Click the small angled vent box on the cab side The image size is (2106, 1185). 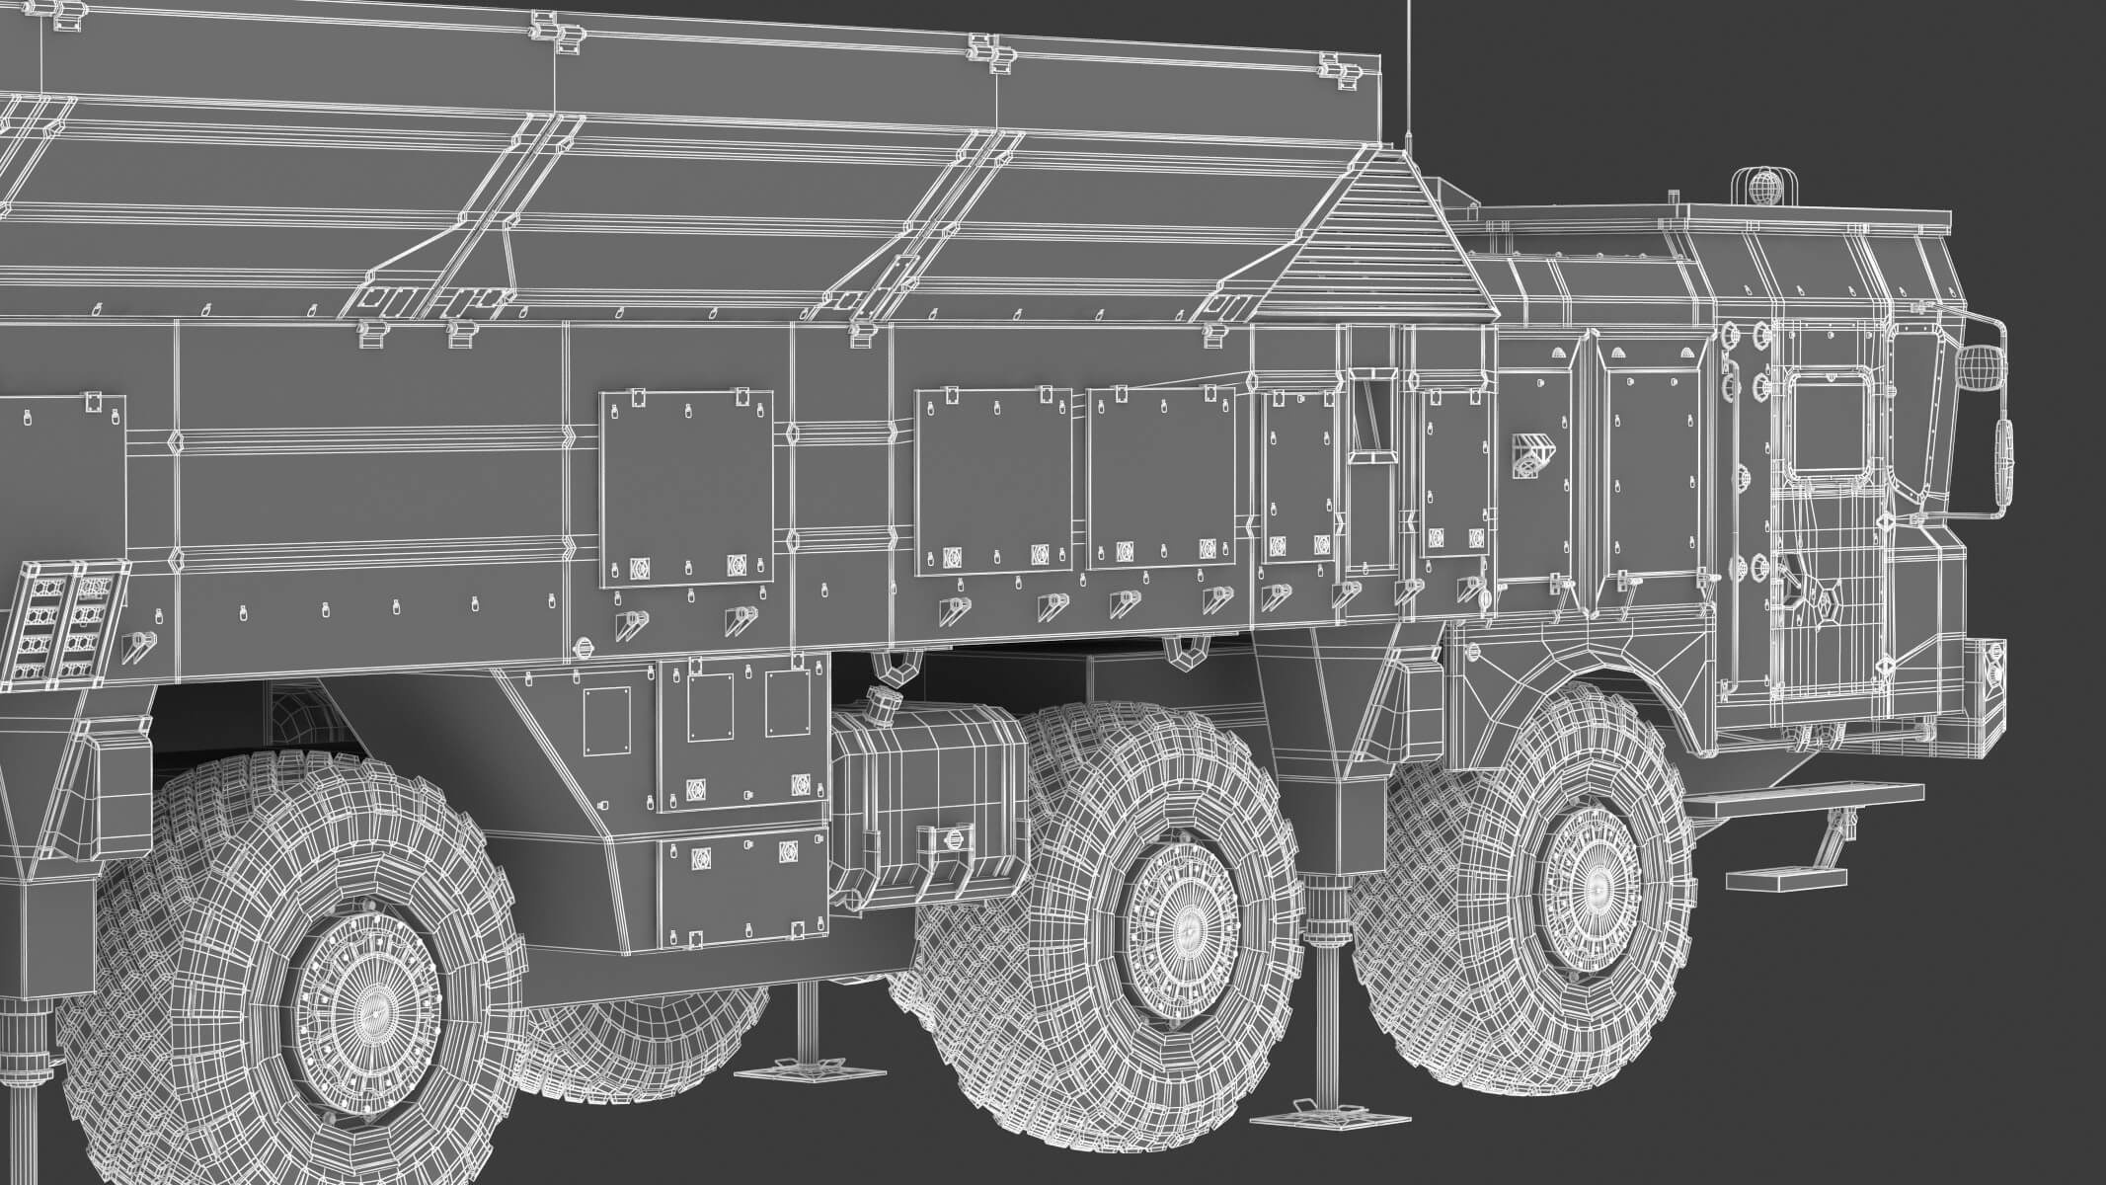pyautogui.click(x=1531, y=455)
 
